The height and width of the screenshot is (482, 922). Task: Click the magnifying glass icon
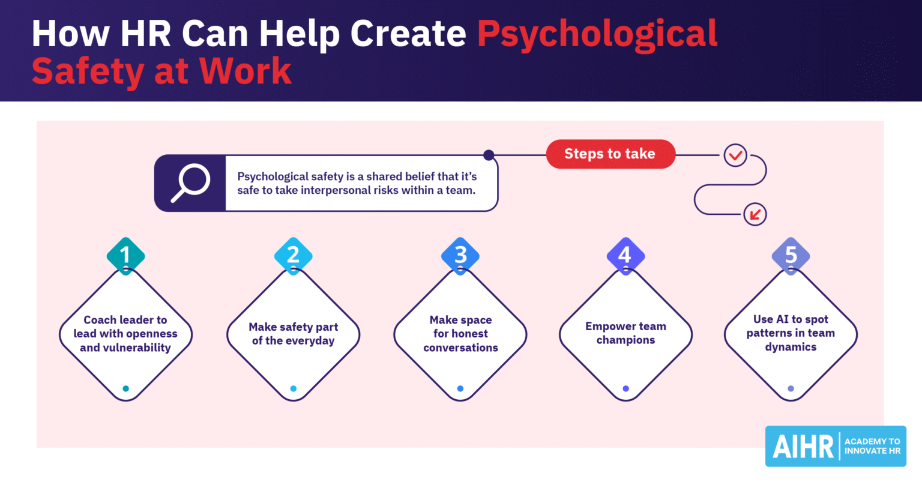click(190, 183)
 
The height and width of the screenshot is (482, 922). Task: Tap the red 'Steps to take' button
click(610, 154)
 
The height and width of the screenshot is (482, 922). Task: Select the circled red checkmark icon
click(735, 155)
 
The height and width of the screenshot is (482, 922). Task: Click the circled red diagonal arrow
click(755, 214)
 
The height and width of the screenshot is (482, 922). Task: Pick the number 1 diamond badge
click(125, 256)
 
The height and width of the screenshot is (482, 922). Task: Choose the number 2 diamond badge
click(293, 256)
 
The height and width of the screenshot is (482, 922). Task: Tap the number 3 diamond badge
click(460, 256)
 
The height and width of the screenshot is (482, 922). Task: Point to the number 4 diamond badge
click(625, 256)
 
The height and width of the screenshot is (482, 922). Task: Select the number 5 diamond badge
click(791, 256)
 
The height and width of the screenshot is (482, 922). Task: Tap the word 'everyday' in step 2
click(309, 341)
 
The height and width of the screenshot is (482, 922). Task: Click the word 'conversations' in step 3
click(460, 348)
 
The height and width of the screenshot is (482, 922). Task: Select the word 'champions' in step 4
click(625, 340)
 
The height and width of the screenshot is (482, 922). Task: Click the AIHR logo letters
click(803, 447)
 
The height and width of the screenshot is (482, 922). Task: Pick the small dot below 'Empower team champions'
click(625, 388)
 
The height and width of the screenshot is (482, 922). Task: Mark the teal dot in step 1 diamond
click(125, 388)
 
